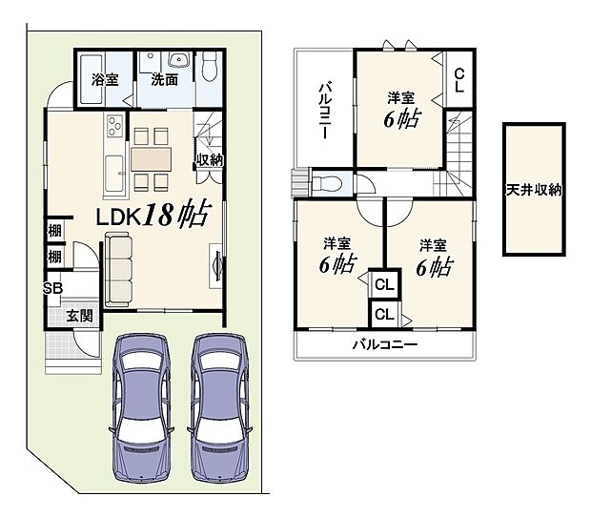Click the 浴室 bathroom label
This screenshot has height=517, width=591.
105,80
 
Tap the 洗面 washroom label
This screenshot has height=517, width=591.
164,80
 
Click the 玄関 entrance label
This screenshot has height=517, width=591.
79,316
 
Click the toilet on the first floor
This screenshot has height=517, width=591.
210,67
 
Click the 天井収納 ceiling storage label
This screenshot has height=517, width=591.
534,191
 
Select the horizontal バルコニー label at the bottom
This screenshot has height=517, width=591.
384,343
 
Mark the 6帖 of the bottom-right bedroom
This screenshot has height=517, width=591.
434,267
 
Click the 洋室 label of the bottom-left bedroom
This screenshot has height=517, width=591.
336,242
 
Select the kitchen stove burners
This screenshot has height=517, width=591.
115,126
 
